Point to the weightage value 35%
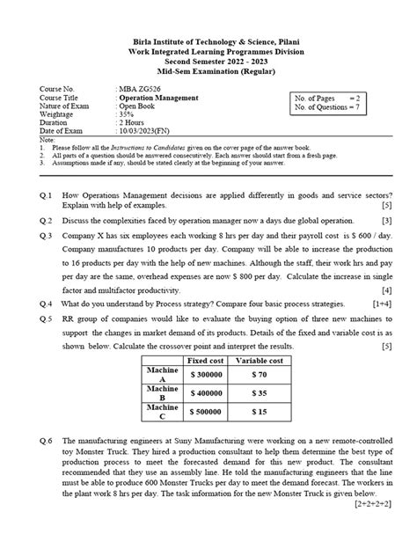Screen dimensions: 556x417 point(128,114)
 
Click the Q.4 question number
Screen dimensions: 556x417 point(46,303)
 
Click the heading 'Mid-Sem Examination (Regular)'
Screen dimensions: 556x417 point(208,70)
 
